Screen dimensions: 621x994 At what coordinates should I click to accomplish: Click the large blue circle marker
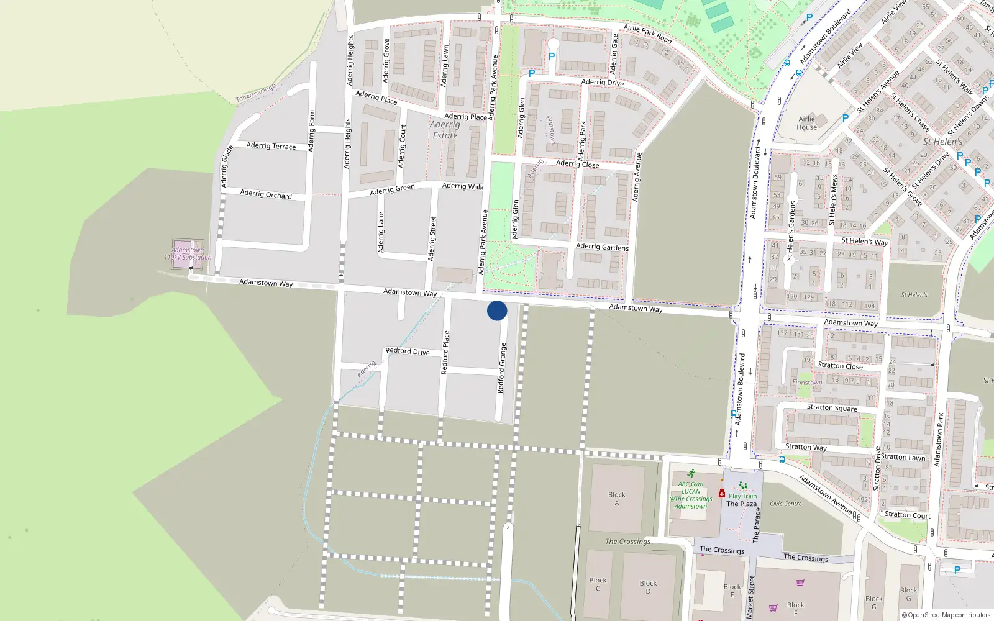pyautogui.click(x=497, y=310)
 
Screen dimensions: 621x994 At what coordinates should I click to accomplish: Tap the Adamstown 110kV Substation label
pyautogui.click(x=188, y=254)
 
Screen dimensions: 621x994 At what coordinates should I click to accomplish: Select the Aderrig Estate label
pyautogui.click(x=445, y=130)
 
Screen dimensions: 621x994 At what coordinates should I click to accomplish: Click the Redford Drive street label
pyautogui.click(x=408, y=351)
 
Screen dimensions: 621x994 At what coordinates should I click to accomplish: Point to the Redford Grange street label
pyautogui.click(x=502, y=368)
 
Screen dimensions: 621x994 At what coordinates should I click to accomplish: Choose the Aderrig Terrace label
pyautogui.click(x=271, y=146)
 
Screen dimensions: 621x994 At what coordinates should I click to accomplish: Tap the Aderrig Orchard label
pyautogui.click(x=266, y=194)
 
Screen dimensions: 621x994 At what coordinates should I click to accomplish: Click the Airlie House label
pyautogui.click(x=807, y=123)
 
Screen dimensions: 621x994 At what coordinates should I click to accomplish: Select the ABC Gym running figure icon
pyautogui.click(x=691, y=473)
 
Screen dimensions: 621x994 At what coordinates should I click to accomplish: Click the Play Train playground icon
pyautogui.click(x=742, y=486)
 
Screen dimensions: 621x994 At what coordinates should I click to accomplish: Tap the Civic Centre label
pyautogui.click(x=786, y=504)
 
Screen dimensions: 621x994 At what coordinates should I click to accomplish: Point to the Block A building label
pyautogui.click(x=617, y=499)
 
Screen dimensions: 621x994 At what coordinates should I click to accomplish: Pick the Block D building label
pyautogui.click(x=648, y=587)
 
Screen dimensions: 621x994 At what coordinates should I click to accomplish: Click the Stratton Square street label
pyautogui.click(x=832, y=408)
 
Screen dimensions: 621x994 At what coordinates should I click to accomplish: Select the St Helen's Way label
pyautogui.click(x=865, y=241)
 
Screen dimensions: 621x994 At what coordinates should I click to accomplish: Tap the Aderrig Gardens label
pyautogui.click(x=602, y=247)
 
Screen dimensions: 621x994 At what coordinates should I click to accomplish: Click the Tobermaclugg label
pyautogui.click(x=255, y=94)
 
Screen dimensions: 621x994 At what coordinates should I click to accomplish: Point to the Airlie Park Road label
pyautogui.click(x=648, y=34)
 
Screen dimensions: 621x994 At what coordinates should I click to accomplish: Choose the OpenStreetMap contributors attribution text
pyautogui.click(x=946, y=615)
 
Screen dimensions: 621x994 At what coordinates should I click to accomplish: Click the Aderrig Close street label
pyautogui.click(x=578, y=164)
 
